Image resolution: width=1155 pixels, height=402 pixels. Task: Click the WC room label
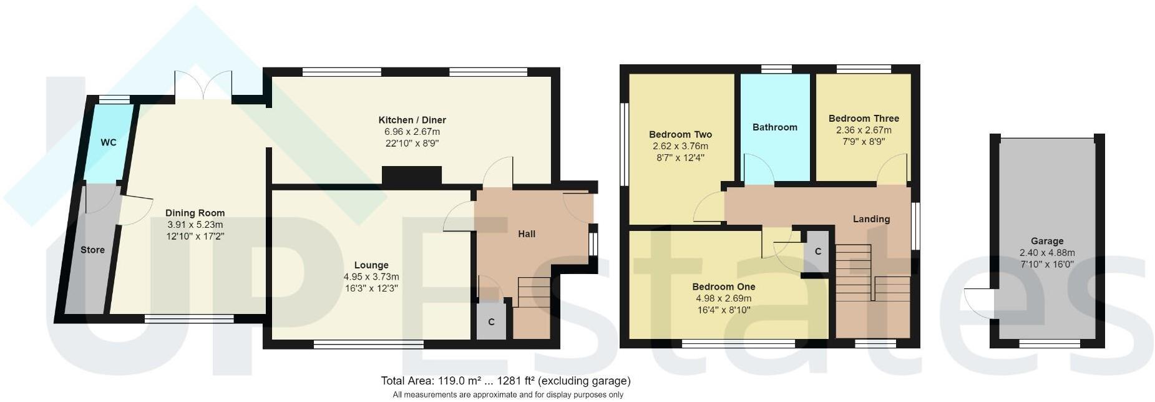pos(109,142)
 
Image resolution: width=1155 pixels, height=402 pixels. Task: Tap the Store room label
pos(92,250)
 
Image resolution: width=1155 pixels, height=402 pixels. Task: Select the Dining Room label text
pos(195,213)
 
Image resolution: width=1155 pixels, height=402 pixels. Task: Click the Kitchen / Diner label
pos(412,120)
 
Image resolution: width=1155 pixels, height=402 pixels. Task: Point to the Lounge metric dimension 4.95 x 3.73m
pos(371,277)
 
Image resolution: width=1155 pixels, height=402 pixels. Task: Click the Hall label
pos(526,234)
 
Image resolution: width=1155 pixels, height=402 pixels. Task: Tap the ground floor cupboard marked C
pos(491,322)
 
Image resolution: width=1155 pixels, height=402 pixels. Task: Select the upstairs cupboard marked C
pos(817,252)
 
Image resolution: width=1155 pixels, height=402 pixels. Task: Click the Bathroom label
pos(774,127)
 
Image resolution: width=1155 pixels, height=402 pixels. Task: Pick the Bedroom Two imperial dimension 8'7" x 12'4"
pos(680,158)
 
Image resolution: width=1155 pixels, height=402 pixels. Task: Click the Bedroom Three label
pos(864,119)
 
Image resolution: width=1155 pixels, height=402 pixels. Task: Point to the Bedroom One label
pos(723,287)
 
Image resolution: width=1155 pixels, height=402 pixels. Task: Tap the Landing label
pos(871,219)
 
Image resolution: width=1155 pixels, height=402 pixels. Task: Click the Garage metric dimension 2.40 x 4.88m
pos(1046,253)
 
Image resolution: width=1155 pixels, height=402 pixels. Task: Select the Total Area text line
pos(505,381)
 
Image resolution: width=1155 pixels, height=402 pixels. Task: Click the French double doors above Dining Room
pos(203,86)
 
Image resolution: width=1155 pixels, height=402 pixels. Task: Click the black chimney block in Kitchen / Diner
pos(411,176)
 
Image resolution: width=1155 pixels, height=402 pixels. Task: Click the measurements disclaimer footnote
pos(507,395)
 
